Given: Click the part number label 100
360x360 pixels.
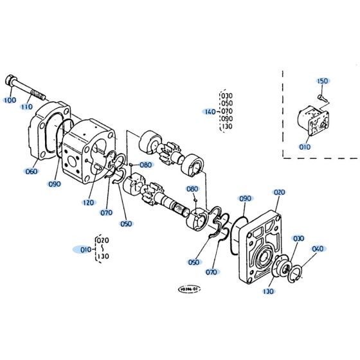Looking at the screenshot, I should (10, 101).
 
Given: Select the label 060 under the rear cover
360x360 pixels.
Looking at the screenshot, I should (31, 171).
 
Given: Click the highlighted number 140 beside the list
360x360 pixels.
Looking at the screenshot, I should (210, 111).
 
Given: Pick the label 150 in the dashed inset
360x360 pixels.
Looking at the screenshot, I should (322, 81).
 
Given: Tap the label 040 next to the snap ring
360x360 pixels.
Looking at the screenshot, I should (318, 249).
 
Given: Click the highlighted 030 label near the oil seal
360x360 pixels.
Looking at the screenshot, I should (298, 239).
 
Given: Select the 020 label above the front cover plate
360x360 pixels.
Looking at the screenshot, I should (278, 192).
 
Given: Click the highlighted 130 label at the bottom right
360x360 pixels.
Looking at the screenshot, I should (268, 291).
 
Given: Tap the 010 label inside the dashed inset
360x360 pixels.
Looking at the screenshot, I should (304, 147).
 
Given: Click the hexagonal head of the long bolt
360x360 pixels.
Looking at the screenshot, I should (12, 82).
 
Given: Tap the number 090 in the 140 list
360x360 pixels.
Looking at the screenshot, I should (226, 119).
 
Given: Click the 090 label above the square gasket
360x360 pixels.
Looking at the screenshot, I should (245, 199).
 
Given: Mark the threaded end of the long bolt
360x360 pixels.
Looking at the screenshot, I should (42, 96).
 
